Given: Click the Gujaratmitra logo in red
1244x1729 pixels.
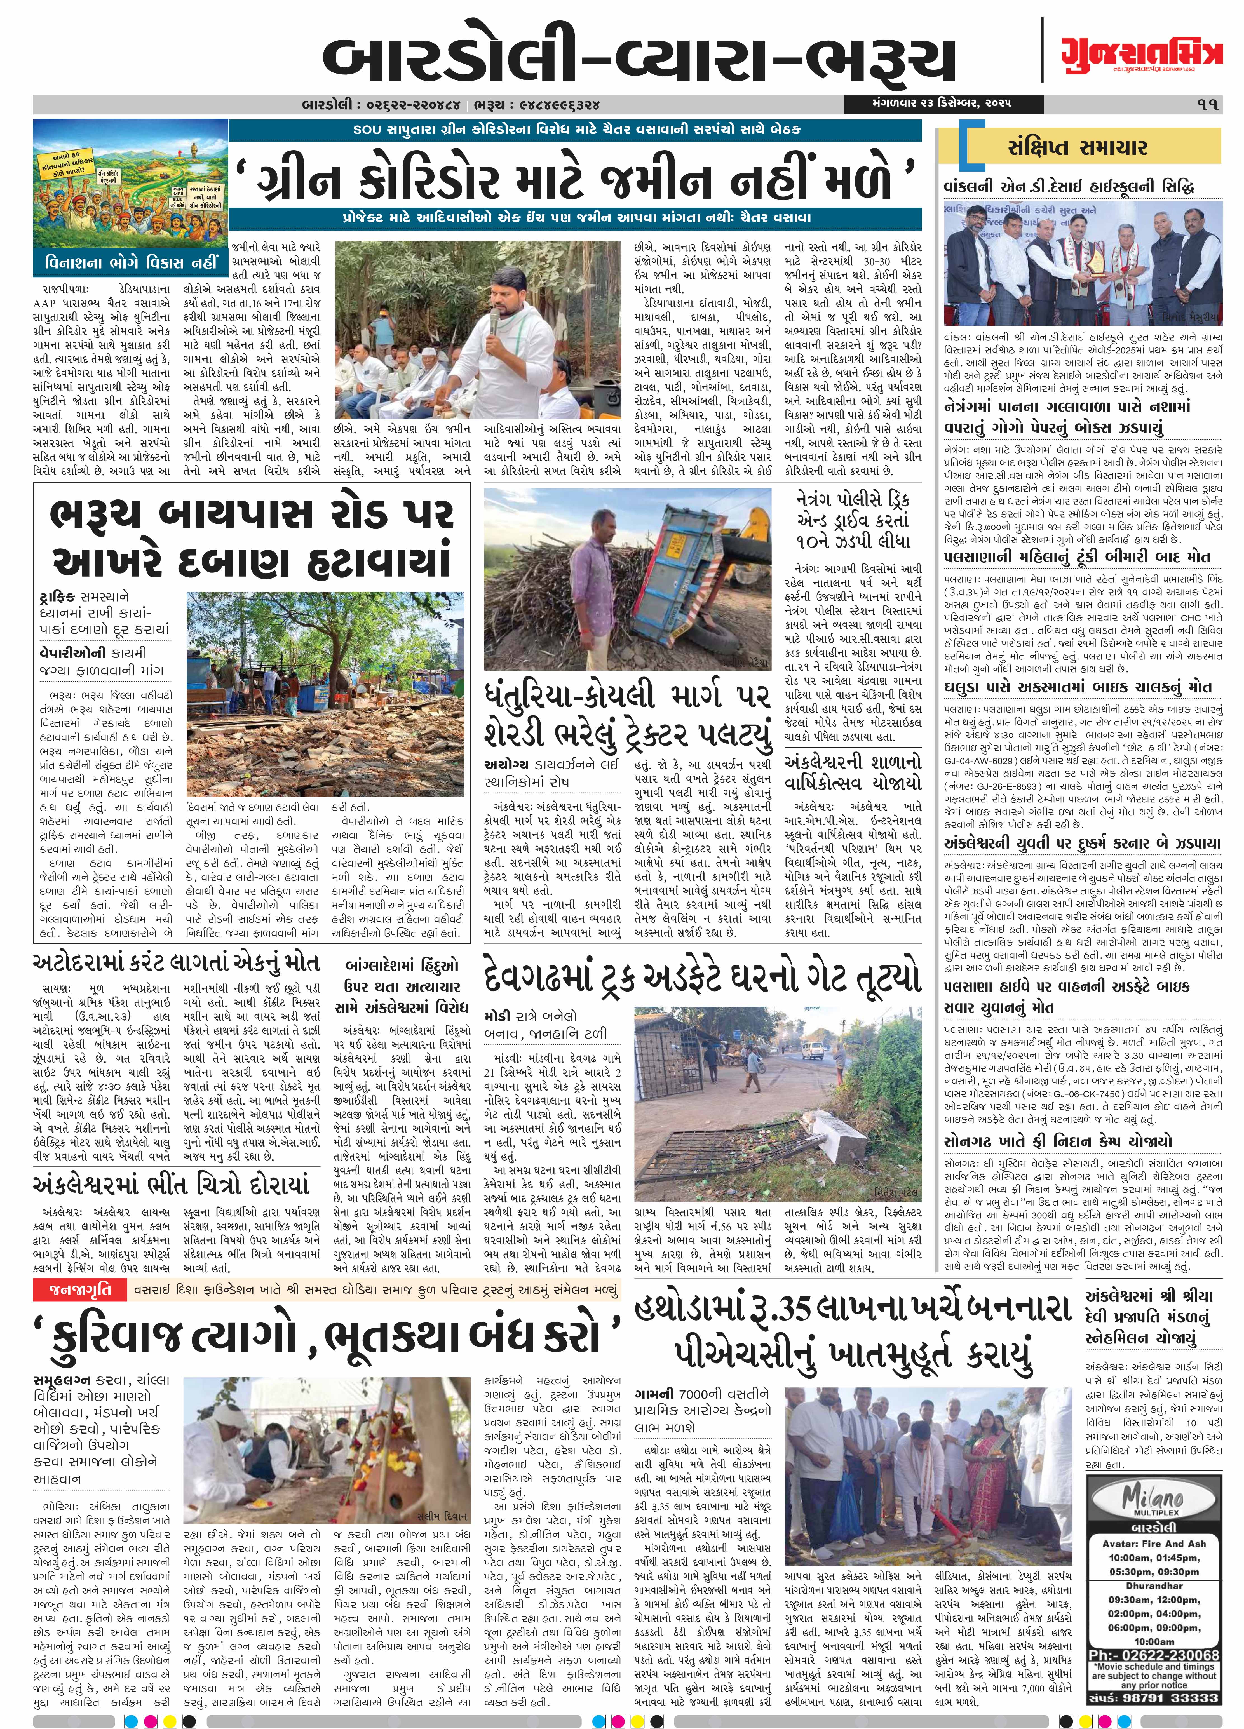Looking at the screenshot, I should click(1141, 53).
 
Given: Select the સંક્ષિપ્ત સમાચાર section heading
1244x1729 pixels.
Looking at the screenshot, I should click(1077, 147).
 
